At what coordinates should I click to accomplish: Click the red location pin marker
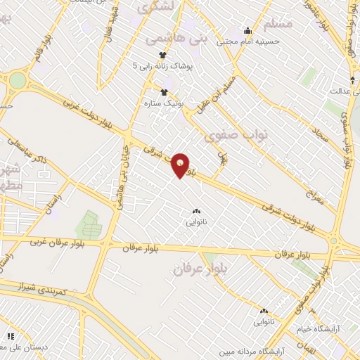pyautogui.click(x=181, y=165)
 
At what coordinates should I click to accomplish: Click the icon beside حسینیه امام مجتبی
pyautogui.click(x=247, y=31)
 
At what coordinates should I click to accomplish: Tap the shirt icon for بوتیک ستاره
pyautogui.click(x=165, y=92)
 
